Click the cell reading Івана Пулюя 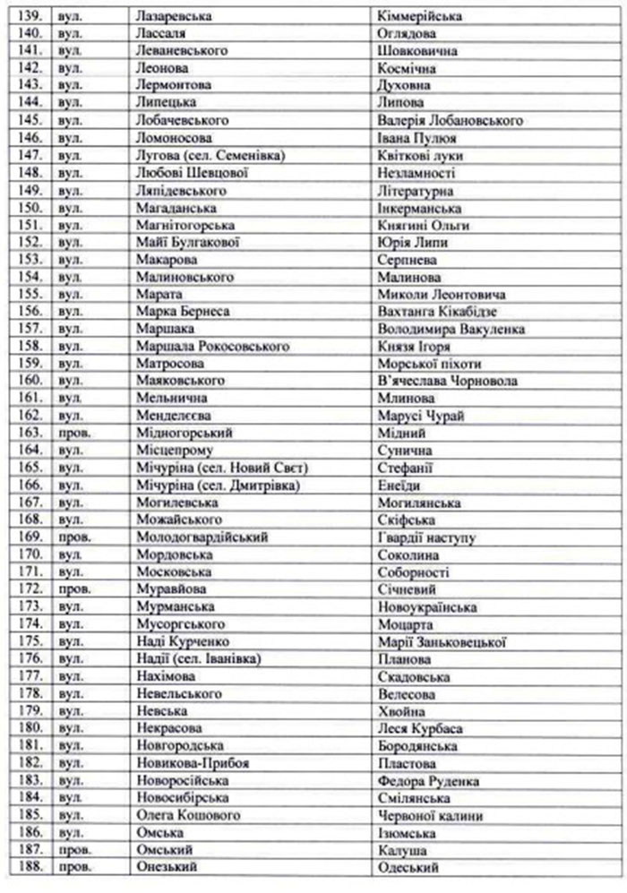(418, 138)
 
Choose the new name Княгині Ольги (424, 225)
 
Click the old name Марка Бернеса (184, 312)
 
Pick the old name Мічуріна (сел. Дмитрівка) (216, 485)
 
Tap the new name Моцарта (407, 624)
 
